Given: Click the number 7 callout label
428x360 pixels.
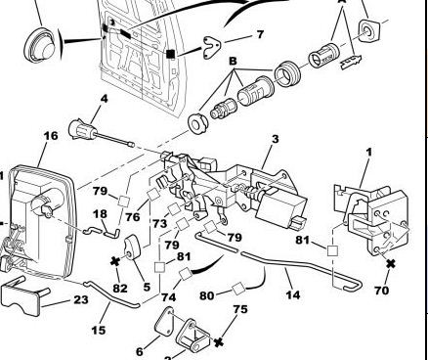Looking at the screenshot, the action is pyautogui.click(x=260, y=34).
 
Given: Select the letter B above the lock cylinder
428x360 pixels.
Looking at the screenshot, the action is pyautogui.click(x=233, y=61).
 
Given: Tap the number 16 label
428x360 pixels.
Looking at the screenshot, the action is pyautogui.click(x=51, y=136).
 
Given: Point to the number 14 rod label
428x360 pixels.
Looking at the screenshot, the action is pyautogui.click(x=292, y=294).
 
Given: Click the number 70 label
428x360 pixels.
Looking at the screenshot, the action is pyautogui.click(x=381, y=290).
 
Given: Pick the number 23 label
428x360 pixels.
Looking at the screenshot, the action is pyautogui.click(x=81, y=299).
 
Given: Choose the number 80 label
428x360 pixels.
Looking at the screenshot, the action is pyautogui.click(x=207, y=295).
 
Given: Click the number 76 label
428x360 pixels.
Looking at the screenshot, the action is pyautogui.click(x=133, y=217).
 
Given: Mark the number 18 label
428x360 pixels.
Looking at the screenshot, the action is pyautogui.click(x=100, y=214).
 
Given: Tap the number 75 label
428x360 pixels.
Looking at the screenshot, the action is pyautogui.click(x=240, y=309).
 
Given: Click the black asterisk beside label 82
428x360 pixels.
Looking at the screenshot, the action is pyautogui.click(x=115, y=261).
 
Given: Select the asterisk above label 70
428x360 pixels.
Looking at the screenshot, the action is pyautogui.click(x=391, y=263).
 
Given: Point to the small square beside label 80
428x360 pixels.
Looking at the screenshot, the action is pyautogui.click(x=238, y=289).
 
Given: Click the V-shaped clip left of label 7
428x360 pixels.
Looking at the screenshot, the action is pyautogui.click(x=212, y=48).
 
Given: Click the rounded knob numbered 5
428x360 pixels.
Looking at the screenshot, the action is pyautogui.click(x=133, y=247).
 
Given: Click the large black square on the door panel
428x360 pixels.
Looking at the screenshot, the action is pyautogui.click(x=170, y=54).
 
